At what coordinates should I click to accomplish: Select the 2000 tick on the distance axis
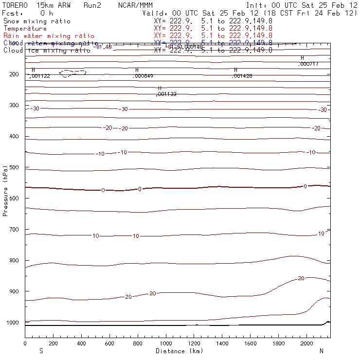[306, 343]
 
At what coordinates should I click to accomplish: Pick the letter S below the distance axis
[41, 351]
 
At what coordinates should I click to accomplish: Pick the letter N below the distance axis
[321, 351]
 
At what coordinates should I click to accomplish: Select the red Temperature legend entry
[25, 29]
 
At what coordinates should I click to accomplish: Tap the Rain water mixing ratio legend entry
[49, 36]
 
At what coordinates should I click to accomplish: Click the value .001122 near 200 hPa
[40, 76]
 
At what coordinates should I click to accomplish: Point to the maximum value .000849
[144, 76]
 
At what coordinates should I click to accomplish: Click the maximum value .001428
[242, 76]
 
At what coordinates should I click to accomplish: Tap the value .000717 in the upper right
[308, 64]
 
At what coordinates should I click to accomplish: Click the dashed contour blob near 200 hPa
[72, 73]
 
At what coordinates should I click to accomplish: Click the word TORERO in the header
[15, 5]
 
